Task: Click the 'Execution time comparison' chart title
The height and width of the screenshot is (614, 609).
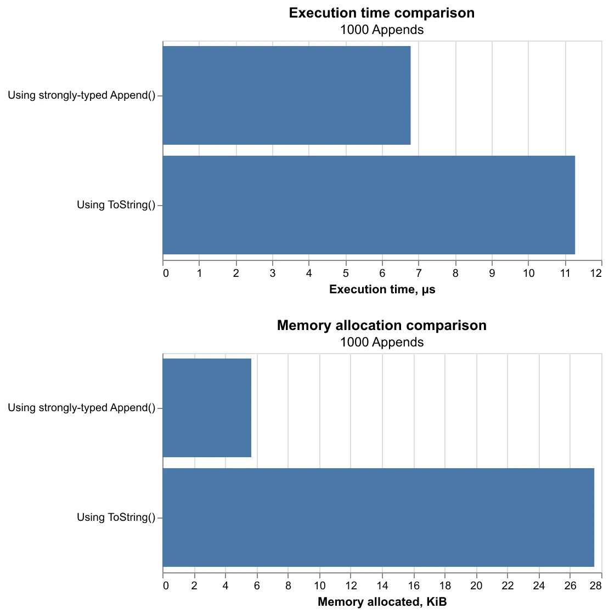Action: point(382,13)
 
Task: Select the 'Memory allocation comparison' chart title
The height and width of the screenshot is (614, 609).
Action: point(382,326)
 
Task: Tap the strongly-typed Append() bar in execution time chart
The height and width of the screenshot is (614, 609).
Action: point(286,95)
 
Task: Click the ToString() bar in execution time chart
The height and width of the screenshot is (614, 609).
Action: point(369,205)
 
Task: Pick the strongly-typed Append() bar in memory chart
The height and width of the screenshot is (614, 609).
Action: point(207,408)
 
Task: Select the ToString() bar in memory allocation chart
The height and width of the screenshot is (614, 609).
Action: point(379,518)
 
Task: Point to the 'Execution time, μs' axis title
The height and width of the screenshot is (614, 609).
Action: point(382,290)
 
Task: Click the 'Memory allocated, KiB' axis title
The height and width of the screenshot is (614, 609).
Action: point(382,602)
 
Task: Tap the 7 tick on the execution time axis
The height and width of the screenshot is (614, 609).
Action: point(419,273)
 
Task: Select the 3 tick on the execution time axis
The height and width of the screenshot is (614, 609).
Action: point(273,273)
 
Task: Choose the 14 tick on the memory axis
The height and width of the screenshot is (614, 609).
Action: point(382,585)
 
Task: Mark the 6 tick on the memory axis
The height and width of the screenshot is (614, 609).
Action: point(257,585)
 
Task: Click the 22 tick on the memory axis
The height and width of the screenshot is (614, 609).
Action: point(507,585)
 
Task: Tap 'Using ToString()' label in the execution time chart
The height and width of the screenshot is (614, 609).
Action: point(116,206)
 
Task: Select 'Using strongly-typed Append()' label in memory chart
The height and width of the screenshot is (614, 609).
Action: point(81,408)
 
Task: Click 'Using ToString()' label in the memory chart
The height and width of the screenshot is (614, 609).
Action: point(116,518)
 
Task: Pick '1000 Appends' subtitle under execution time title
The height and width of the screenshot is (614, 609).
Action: point(382,30)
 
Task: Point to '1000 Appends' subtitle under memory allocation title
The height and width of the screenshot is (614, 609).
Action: point(382,343)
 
